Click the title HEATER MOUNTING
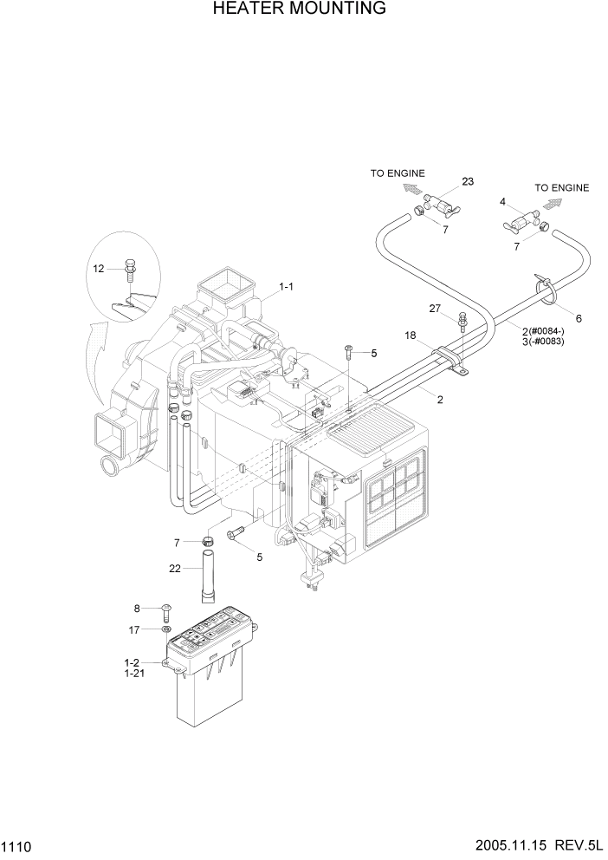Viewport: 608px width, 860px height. (299, 10)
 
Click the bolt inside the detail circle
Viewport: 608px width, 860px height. (130, 269)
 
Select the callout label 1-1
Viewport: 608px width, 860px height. (287, 286)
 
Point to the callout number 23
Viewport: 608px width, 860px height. (468, 181)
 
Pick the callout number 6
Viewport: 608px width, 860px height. (578, 318)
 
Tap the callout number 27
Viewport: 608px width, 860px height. (435, 308)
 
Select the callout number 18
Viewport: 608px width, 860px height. (411, 334)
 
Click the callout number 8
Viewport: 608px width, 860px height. (136, 609)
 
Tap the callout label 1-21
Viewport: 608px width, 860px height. (135, 673)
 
